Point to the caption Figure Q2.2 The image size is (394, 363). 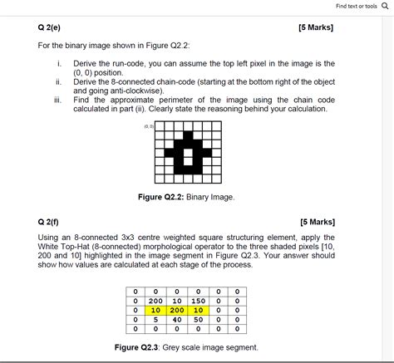[186, 197]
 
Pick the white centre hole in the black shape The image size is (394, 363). [188, 155]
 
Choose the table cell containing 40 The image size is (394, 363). [177, 318]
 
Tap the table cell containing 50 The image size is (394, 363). [198, 318]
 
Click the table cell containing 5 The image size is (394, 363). [155, 318]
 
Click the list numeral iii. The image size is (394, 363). [58, 100]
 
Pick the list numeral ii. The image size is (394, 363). [58, 81]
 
